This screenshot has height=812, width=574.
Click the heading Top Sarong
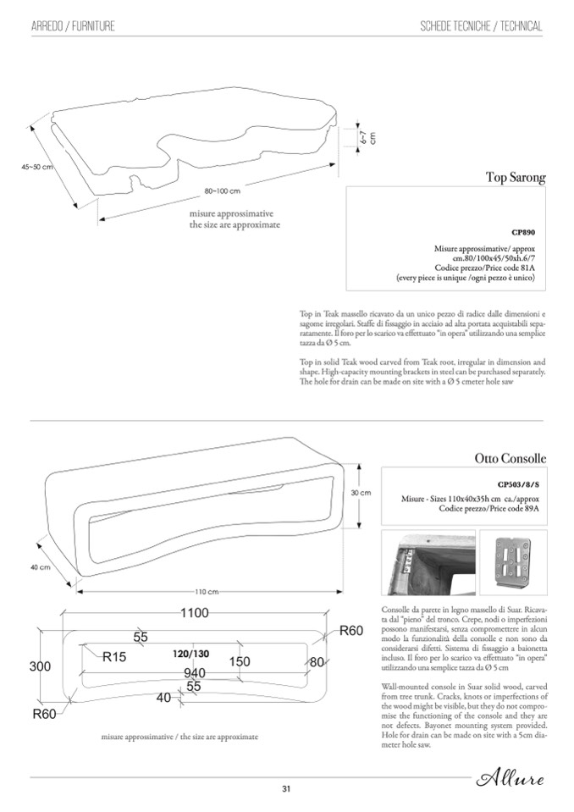click(515, 178)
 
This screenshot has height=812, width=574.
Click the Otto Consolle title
click(510, 459)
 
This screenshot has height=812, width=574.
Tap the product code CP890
click(522, 231)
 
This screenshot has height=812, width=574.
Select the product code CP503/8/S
click(518, 485)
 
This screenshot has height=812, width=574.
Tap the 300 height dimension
click(40, 666)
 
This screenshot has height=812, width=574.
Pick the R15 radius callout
click(114, 656)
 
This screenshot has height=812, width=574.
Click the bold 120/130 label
click(190, 654)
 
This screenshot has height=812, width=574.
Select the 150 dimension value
click(239, 660)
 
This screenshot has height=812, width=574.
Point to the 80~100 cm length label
click(223, 191)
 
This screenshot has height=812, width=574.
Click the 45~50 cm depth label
click(37, 167)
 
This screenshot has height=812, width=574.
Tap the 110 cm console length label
click(207, 591)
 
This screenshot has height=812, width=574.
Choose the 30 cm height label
click(361, 493)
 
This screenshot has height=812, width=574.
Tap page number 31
click(286, 789)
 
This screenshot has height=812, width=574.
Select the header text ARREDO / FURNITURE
click(73, 27)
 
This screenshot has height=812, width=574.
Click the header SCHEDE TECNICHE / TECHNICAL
click(481, 27)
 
